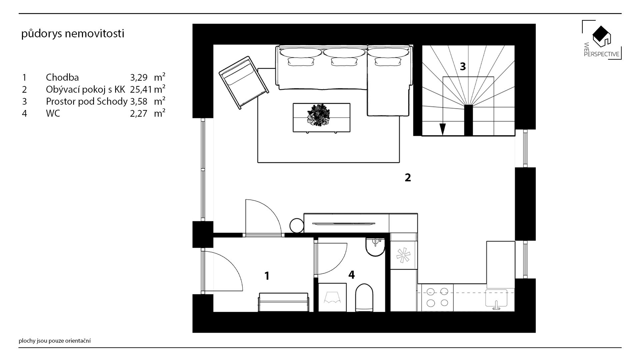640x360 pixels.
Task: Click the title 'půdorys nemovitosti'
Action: pyautogui.click(x=73, y=34)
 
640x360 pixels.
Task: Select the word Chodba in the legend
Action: pyautogui.click(x=62, y=77)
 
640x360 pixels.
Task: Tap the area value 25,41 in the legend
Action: pyautogui.click(x=141, y=89)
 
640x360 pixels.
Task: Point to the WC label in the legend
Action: pyautogui.click(x=53, y=113)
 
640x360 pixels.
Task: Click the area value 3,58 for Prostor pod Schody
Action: pyautogui.click(x=139, y=101)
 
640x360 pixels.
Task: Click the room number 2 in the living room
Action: pyautogui.click(x=408, y=178)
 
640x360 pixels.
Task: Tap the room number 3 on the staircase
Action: pyautogui.click(x=463, y=67)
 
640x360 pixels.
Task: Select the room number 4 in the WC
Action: pyautogui.click(x=351, y=275)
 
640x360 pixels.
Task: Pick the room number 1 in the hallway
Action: pyautogui.click(x=267, y=276)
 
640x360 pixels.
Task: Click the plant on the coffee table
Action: pyautogui.click(x=319, y=116)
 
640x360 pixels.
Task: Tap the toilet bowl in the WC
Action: pyautogui.click(x=363, y=298)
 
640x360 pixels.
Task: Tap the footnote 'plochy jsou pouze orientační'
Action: pyautogui.click(x=55, y=341)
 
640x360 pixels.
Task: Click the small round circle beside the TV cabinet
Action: pyautogui.click(x=296, y=226)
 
